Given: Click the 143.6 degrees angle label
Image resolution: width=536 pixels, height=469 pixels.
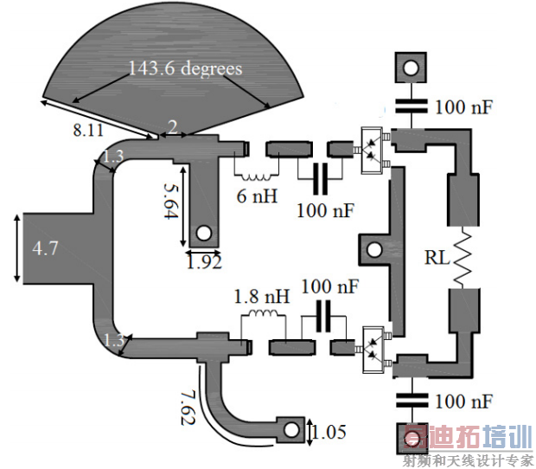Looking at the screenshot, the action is pyautogui.click(x=185, y=68).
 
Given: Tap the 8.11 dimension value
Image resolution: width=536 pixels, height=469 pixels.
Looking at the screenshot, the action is pyautogui.click(x=88, y=130).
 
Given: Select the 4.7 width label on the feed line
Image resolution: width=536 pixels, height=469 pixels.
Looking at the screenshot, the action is pyautogui.click(x=45, y=247).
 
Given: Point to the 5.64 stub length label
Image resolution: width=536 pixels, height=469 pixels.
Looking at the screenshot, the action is pyautogui.click(x=171, y=201).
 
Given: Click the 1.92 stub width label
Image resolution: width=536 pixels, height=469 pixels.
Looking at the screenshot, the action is pyautogui.click(x=204, y=261).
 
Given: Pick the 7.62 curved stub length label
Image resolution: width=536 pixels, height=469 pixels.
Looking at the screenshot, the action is pyautogui.click(x=188, y=408).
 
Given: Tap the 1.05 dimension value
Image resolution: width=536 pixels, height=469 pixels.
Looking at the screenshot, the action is pyautogui.click(x=329, y=432).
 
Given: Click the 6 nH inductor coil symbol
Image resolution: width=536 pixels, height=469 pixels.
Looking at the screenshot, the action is pyautogui.click(x=257, y=177).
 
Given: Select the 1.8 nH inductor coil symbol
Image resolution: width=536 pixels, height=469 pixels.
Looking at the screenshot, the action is pyautogui.click(x=263, y=314).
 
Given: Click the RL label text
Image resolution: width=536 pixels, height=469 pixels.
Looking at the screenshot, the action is pyautogui.click(x=437, y=258).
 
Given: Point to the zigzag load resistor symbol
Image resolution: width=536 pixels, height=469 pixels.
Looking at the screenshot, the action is pyautogui.click(x=463, y=258).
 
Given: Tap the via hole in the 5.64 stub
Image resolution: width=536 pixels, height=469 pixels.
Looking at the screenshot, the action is pyautogui.click(x=204, y=234).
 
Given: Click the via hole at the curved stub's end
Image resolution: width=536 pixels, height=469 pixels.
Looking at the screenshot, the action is pyautogui.click(x=291, y=430).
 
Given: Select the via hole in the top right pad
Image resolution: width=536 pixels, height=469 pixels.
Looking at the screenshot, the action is pyautogui.click(x=411, y=67).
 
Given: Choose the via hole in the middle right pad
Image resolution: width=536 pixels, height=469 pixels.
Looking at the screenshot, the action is pyautogui.click(x=374, y=250).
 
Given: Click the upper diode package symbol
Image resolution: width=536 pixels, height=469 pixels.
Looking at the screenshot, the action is pyautogui.click(x=373, y=151).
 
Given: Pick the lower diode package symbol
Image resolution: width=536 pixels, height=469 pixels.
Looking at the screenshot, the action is pyautogui.click(x=373, y=350).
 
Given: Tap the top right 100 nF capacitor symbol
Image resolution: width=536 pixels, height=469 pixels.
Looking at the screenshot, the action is pyautogui.click(x=412, y=106).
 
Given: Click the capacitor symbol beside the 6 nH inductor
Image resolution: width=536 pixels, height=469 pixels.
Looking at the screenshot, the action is pyautogui.click(x=320, y=178).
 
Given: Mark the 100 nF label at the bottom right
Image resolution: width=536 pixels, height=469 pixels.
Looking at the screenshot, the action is pyautogui.click(x=463, y=402).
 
